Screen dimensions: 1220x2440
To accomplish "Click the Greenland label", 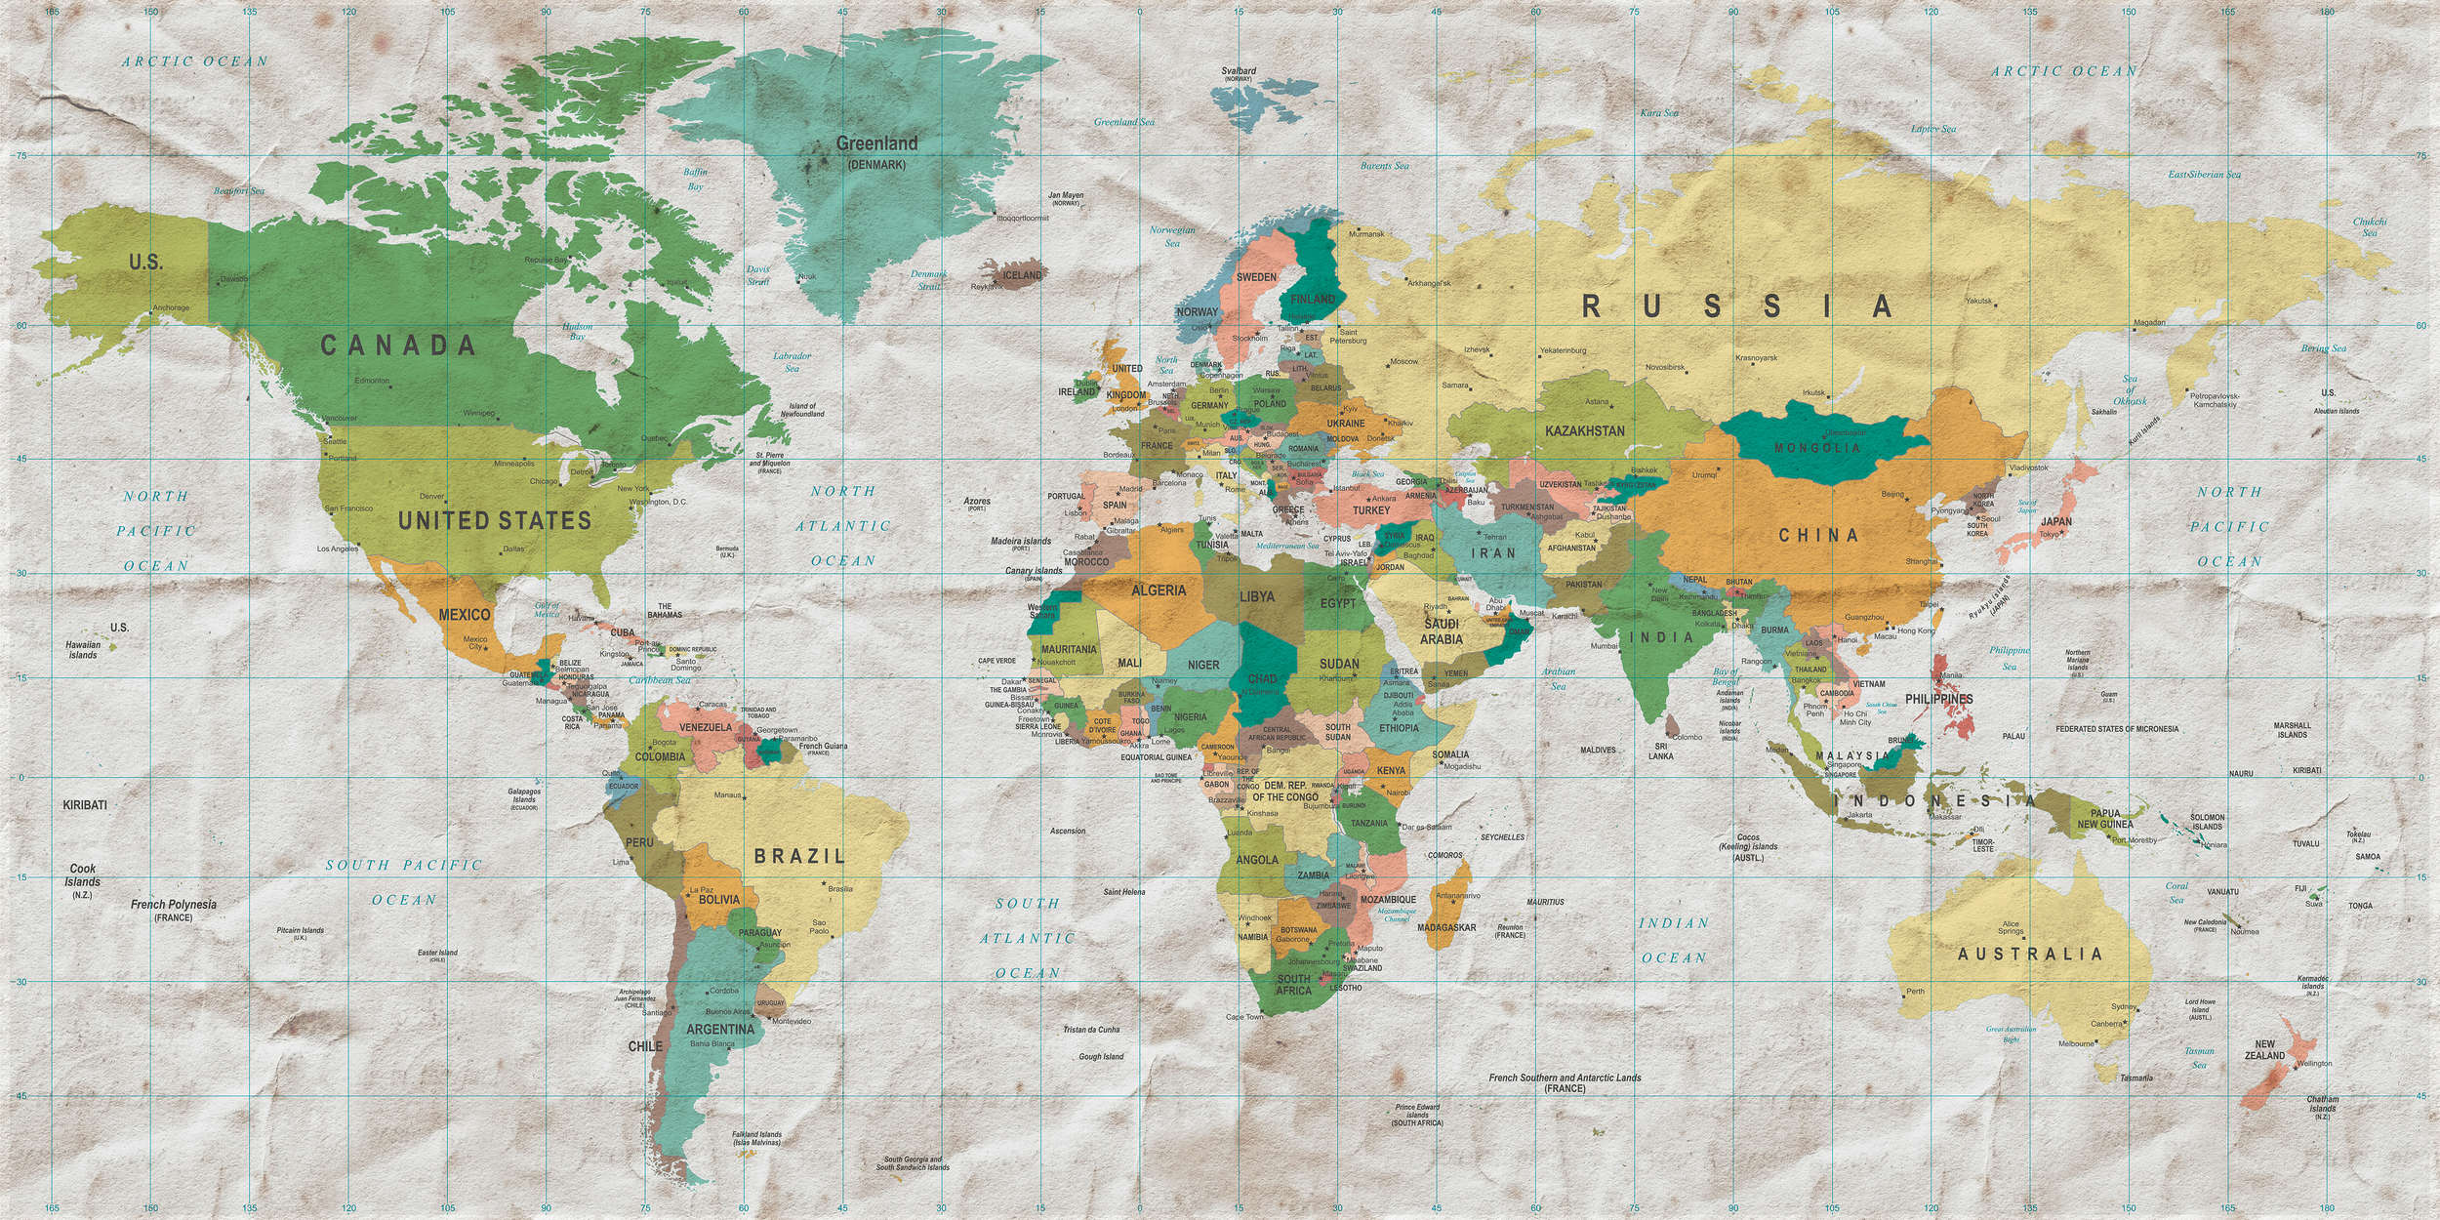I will [x=876, y=143].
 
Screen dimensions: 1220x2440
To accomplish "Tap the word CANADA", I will [x=398, y=345].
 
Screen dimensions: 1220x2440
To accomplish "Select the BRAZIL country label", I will [x=799, y=856].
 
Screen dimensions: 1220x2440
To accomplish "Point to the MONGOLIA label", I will [x=1817, y=448].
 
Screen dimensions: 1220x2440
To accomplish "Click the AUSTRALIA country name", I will [x=2029, y=954].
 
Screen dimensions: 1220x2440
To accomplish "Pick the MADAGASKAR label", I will [x=1446, y=927].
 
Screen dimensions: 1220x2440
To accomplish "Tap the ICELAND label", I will [x=1023, y=275].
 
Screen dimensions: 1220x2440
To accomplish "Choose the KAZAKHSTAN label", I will [x=1585, y=430].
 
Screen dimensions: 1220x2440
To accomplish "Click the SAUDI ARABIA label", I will [x=1441, y=631].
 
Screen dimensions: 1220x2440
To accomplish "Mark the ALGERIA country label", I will [x=1159, y=590].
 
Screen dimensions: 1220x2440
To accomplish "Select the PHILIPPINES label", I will [x=1938, y=699].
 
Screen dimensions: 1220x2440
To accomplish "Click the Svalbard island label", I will [x=1239, y=71].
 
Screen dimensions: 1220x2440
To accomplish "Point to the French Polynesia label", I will [x=174, y=905].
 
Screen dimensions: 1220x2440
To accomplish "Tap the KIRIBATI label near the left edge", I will [x=85, y=805].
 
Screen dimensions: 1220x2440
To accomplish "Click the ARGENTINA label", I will [x=720, y=1029].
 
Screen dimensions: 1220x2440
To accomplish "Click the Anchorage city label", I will [x=171, y=308].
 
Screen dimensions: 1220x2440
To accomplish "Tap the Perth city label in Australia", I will [x=1915, y=992].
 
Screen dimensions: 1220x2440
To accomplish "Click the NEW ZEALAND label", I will [x=2264, y=1049].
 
